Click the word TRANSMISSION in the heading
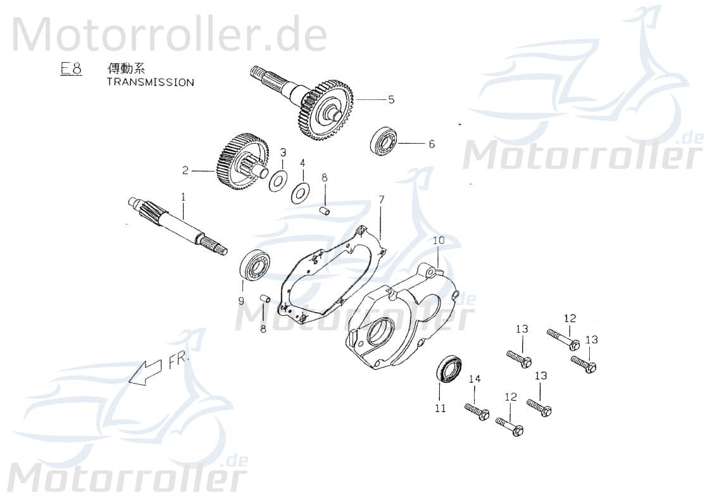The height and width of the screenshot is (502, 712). [150, 82]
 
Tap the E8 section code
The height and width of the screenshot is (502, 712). [71, 68]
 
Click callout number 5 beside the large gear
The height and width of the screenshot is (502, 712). [391, 99]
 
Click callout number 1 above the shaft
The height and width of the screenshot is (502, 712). [184, 197]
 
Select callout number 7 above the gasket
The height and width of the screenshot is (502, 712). [382, 200]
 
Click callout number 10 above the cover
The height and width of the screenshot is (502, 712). [439, 241]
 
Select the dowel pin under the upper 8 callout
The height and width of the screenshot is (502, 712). [325, 210]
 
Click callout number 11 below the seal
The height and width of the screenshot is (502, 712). [440, 408]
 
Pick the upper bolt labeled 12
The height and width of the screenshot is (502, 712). [563, 339]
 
